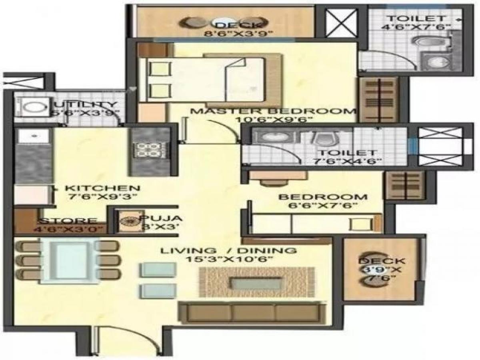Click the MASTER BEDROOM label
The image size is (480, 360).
pyautogui.click(x=273, y=111)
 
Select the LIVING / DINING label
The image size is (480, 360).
pyautogui.click(x=228, y=251)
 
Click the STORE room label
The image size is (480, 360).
pyautogui.click(x=68, y=221)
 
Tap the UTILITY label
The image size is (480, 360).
pyautogui.click(x=86, y=105)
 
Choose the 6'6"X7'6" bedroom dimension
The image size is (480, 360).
pyautogui.click(x=322, y=206)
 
